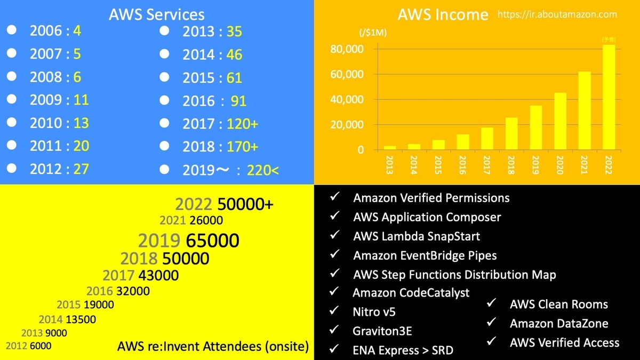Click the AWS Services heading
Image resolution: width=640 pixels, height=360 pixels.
click(x=157, y=14)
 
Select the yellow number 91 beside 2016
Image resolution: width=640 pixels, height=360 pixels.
click(x=238, y=101)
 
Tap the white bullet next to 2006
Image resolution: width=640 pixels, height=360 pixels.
click(x=12, y=30)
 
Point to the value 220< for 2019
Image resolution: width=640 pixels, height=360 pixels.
click(x=262, y=170)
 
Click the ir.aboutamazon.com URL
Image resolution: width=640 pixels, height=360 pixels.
click(x=557, y=14)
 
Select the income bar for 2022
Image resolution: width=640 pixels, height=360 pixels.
click(x=609, y=97)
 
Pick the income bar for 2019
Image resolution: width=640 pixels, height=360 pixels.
click(x=535, y=127)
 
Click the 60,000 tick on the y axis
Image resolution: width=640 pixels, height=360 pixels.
click(x=347, y=74)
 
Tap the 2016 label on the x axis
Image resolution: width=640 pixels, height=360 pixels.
click(x=462, y=165)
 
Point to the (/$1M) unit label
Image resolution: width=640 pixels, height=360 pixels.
click(x=373, y=33)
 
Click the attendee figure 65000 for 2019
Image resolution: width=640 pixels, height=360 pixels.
click(x=212, y=241)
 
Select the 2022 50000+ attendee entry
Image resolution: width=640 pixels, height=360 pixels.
click(x=224, y=204)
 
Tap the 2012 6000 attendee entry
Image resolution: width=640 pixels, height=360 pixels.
click(x=28, y=346)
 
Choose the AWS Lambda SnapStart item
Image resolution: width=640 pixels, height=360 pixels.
click(x=417, y=236)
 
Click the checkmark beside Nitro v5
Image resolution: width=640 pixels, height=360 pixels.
click(x=334, y=310)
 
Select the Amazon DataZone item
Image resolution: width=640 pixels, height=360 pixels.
click(x=559, y=323)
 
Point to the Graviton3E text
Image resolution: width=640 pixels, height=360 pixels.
click(x=382, y=331)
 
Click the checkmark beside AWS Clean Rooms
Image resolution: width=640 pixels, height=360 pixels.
click(x=491, y=303)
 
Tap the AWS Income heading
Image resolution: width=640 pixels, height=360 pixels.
click(x=443, y=14)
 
